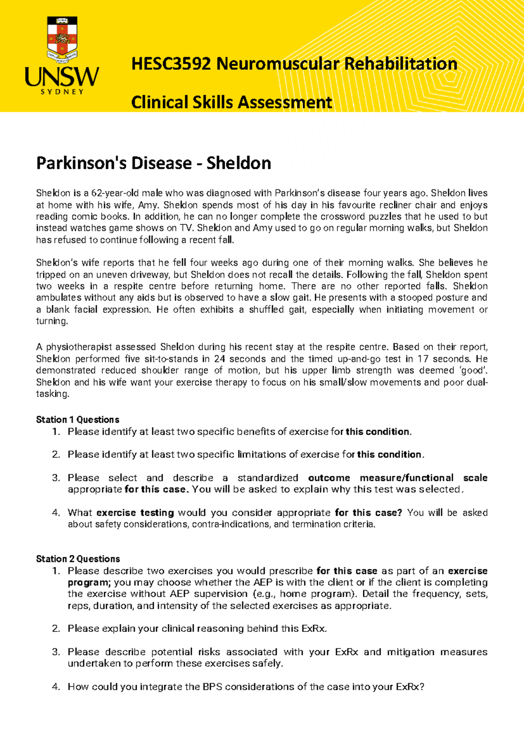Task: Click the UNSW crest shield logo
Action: (62, 38)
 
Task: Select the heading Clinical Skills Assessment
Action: (231, 103)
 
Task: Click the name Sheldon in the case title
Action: (238, 163)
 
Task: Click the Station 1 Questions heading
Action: (77, 420)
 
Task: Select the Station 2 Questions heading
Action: (78, 559)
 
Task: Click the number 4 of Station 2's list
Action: (55, 687)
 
